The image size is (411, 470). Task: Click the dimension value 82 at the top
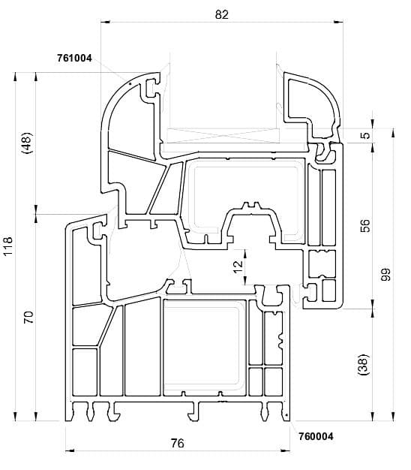coord(221,14)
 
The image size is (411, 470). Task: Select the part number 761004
coord(74,58)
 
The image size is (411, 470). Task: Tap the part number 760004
coord(316,436)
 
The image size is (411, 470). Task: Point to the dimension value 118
coord(8,246)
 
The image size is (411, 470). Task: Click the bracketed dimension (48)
coord(27,143)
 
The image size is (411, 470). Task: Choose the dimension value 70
coord(28,317)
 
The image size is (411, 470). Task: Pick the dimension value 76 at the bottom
coord(178,443)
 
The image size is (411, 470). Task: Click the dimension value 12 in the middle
coord(238,267)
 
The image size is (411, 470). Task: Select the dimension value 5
coord(365,135)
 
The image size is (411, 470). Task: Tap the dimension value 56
coord(365,226)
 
